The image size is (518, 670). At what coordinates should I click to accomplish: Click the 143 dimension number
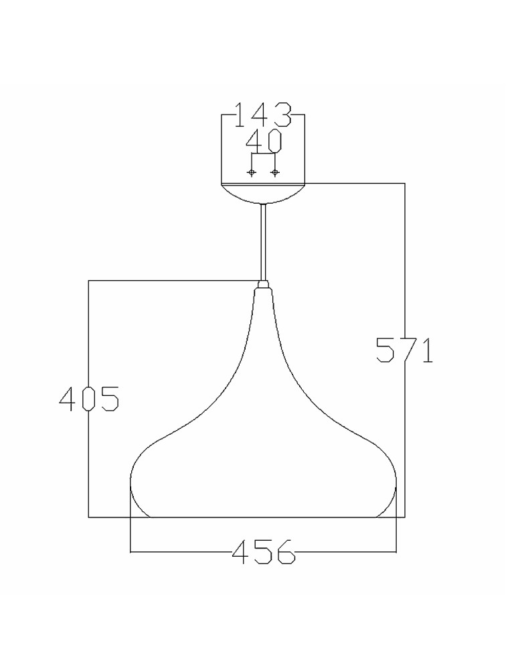263,115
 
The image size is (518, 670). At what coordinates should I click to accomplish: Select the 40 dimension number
264,141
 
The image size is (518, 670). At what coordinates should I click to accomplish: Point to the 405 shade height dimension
89,399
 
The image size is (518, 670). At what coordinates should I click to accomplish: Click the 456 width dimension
263,552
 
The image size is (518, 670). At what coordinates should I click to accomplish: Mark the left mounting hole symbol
252,173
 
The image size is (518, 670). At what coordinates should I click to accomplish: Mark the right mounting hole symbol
274,173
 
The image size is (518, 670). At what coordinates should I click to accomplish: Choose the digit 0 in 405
89,399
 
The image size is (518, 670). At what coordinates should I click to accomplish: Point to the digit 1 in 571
426,350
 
